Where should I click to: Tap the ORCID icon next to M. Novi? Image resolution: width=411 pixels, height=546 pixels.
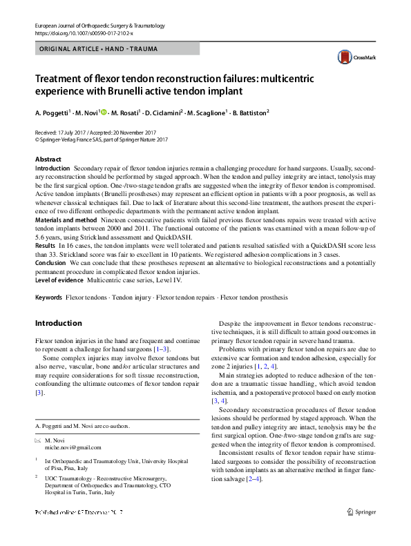[104, 111]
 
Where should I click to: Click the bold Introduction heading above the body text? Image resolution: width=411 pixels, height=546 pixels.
[58, 323]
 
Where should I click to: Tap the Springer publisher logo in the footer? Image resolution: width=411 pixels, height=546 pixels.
[362, 511]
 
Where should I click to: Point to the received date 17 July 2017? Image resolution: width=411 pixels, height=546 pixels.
[77, 132]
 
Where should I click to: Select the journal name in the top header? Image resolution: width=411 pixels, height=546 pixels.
[99, 26]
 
